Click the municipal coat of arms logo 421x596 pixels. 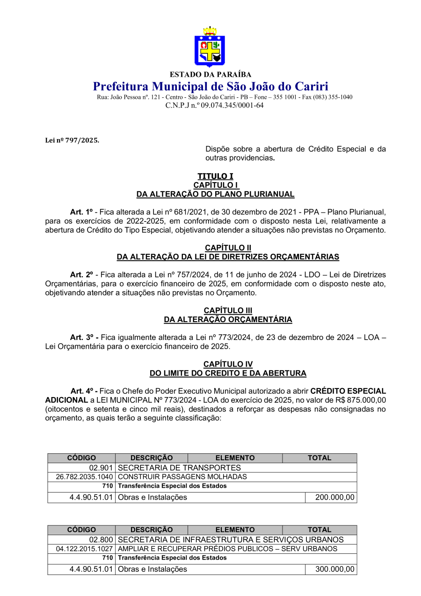tap(210, 47)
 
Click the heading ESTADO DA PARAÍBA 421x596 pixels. tap(210, 74)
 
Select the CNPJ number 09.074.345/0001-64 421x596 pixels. tap(232, 105)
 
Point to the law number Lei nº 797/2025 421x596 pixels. tap(72, 140)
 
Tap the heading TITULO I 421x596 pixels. tap(215, 176)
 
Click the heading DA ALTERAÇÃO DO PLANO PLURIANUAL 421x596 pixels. tap(215, 194)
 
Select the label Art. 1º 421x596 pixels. tap(81, 212)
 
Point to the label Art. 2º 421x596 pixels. tap(81, 275)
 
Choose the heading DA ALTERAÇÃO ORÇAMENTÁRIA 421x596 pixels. tap(228, 319)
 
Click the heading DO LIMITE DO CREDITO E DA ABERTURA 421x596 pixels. tap(228, 373)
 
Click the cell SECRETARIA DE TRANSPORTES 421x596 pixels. tap(180, 468)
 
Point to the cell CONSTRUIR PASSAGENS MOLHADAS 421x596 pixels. tap(182, 477)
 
